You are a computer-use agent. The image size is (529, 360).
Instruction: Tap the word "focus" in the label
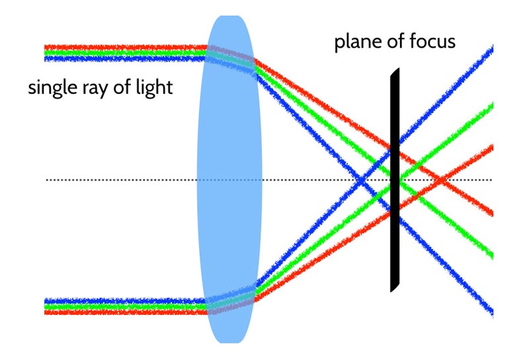click(431, 43)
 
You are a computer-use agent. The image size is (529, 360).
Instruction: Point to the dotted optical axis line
click(132, 180)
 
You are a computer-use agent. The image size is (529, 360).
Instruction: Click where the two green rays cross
click(399, 179)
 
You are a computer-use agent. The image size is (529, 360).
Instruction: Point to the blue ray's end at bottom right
click(490, 312)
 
